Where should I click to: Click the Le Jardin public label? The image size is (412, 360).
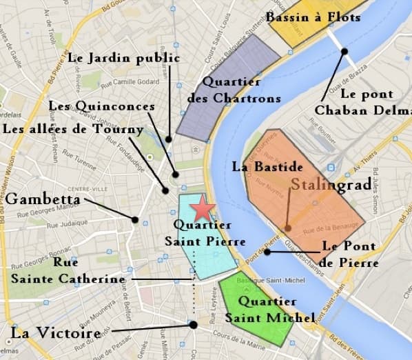tap(124, 57)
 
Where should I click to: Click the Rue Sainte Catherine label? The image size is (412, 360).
tap(68, 270)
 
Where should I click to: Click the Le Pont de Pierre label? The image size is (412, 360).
tap(351, 254)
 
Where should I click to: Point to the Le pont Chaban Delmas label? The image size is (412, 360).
tap(362, 101)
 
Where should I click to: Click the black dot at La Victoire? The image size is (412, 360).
tap(193, 324)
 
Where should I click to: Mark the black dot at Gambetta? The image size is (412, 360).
tap(135, 219)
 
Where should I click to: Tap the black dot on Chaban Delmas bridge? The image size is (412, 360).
tap(344, 50)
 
